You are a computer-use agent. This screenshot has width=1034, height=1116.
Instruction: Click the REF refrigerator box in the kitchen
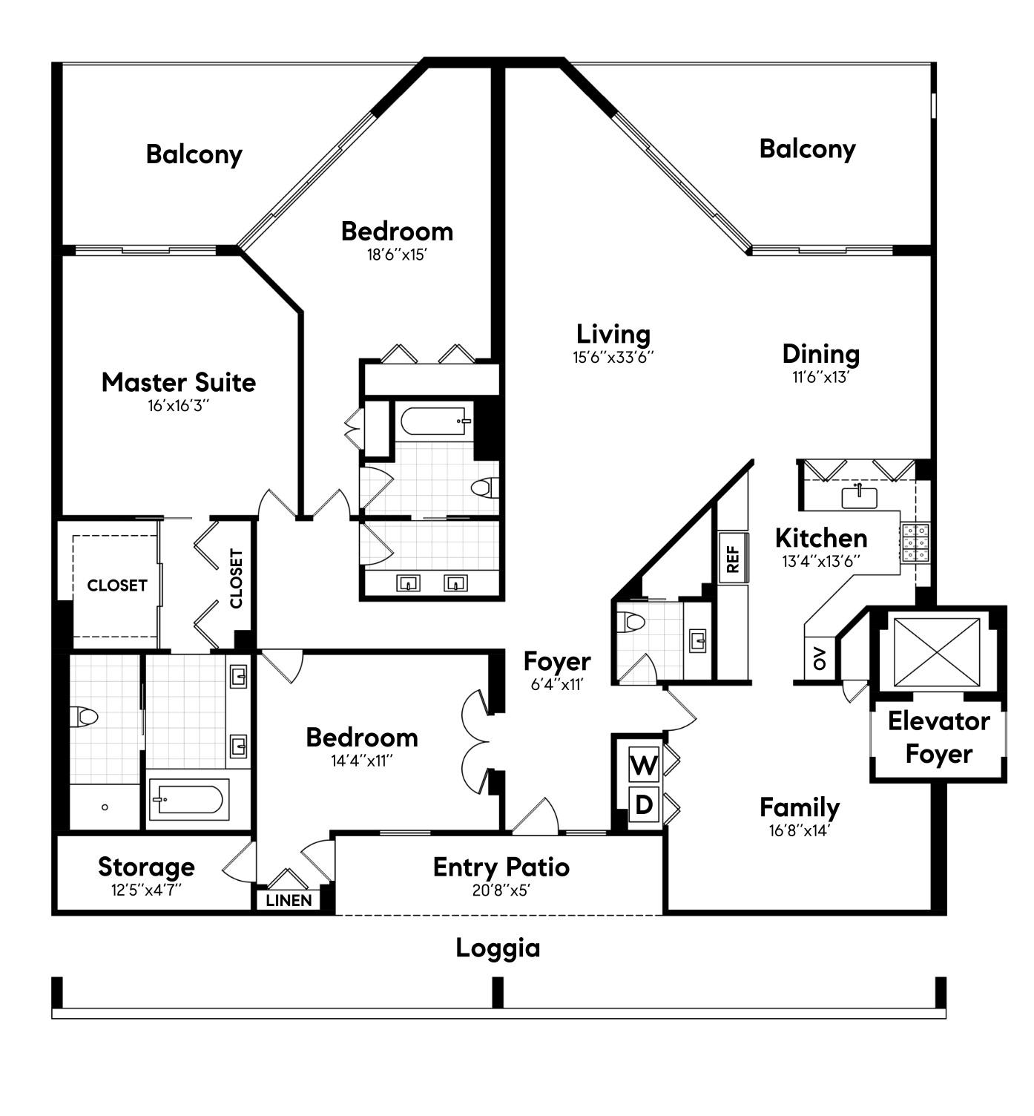(x=733, y=558)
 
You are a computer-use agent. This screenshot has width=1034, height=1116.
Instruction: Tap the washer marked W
(x=643, y=764)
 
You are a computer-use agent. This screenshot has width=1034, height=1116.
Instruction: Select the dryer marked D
(x=643, y=805)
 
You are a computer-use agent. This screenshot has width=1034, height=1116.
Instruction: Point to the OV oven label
(x=820, y=659)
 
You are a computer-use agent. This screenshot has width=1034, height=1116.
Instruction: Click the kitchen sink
(x=859, y=497)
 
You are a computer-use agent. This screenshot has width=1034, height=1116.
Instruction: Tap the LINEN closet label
(x=289, y=900)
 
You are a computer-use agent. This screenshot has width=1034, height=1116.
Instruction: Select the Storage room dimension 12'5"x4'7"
(x=146, y=890)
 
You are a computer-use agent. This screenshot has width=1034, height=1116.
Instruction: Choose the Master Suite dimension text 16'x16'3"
(x=178, y=405)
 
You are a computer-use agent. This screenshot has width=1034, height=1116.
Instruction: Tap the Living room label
(x=613, y=335)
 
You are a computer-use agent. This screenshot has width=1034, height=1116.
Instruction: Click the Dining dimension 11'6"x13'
(x=820, y=377)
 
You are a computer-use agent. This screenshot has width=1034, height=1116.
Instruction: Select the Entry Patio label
(x=501, y=867)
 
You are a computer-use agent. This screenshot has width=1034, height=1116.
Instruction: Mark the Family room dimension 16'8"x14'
(x=800, y=830)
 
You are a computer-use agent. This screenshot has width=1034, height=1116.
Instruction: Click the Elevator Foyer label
(x=939, y=738)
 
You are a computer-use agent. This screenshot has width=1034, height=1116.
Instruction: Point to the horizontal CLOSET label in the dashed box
(x=117, y=585)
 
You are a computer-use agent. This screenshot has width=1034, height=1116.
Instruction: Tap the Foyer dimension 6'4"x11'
(x=557, y=684)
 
